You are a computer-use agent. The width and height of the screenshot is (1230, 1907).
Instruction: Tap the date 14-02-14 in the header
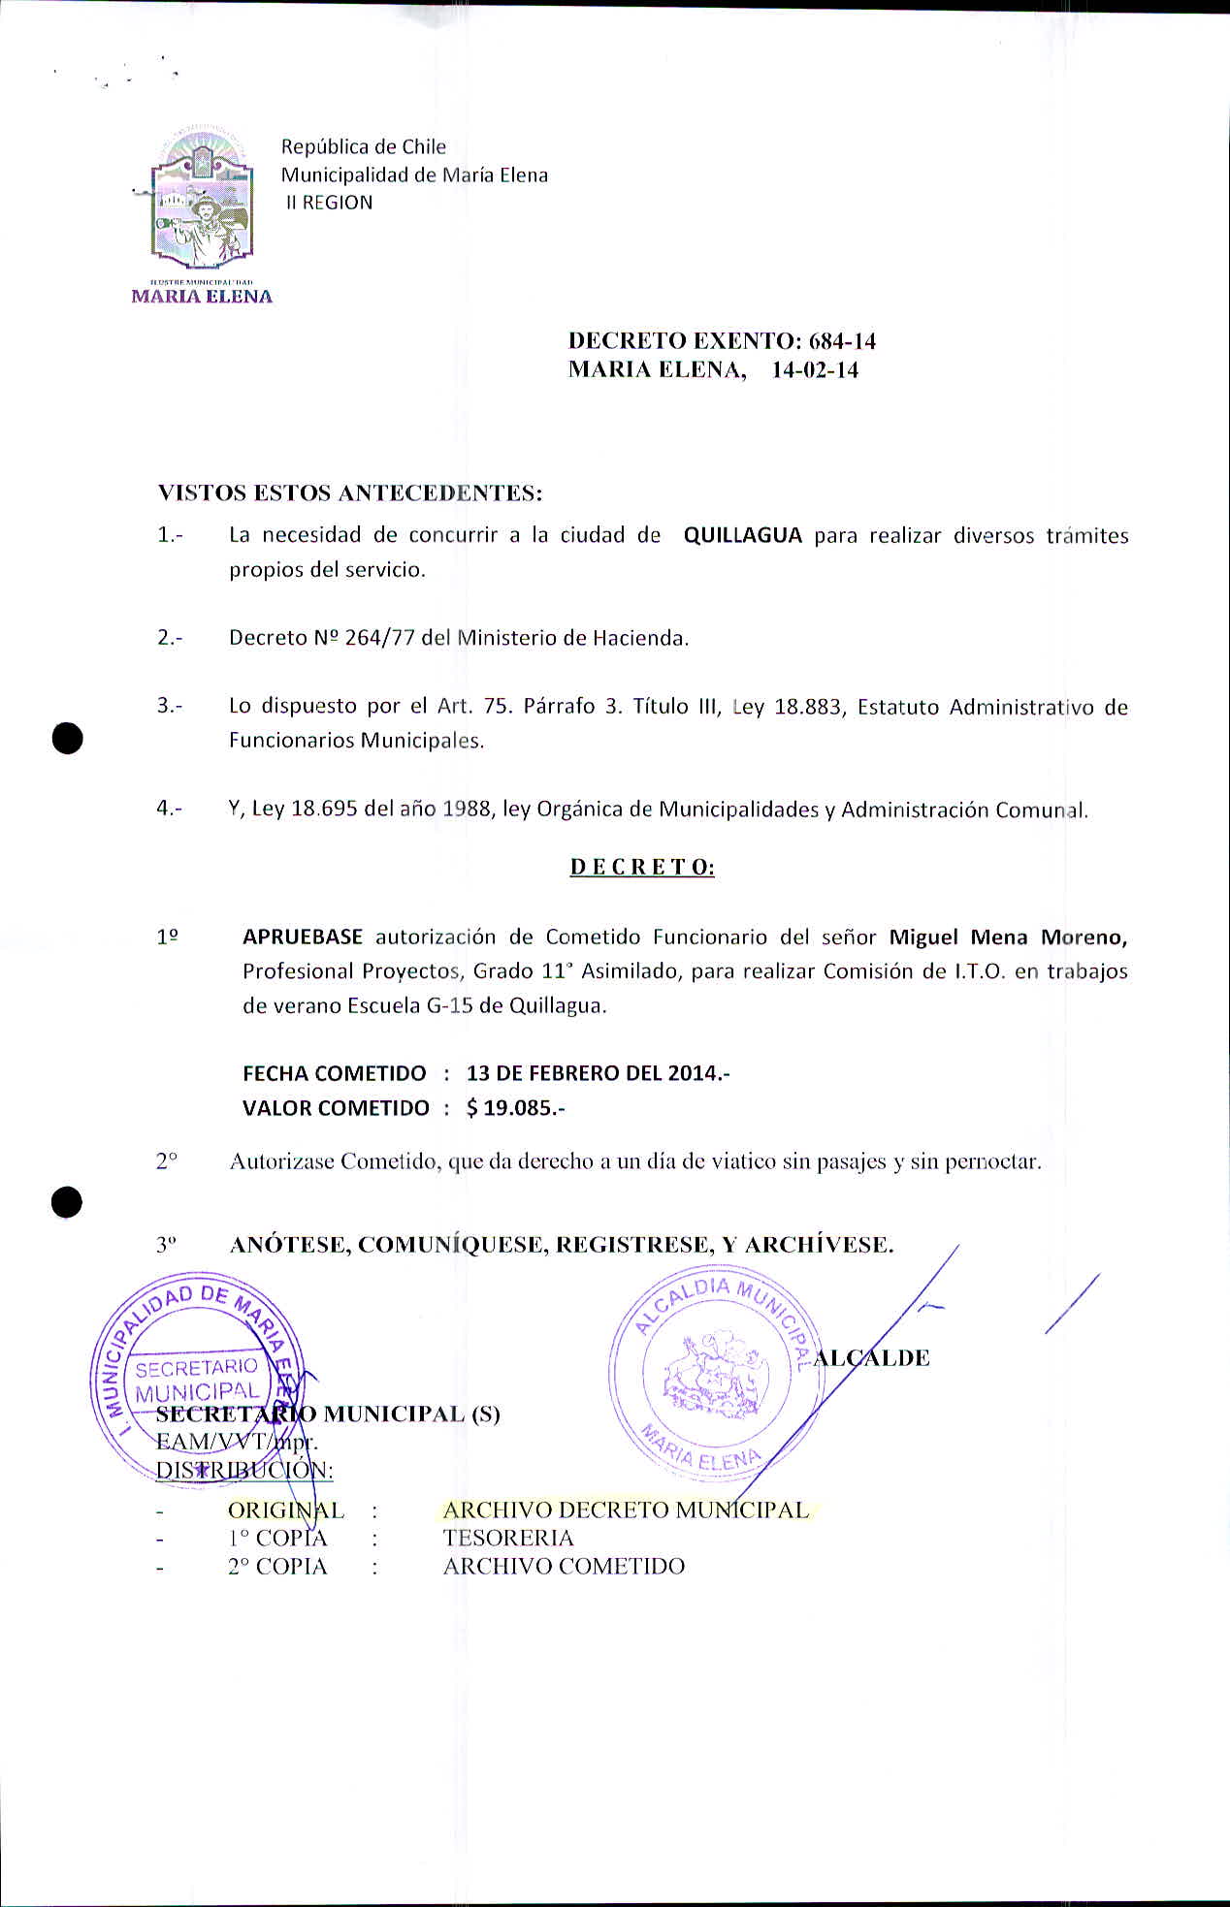pos(815,370)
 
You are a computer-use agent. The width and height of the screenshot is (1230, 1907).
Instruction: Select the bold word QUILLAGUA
pos(742,536)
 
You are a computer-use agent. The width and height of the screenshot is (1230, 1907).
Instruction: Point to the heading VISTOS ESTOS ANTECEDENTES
pos(349,493)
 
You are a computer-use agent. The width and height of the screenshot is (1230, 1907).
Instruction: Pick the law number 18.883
pos(807,708)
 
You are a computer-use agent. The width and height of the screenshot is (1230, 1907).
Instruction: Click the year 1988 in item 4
pos(467,810)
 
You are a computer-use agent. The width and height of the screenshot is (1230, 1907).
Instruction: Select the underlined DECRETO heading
pos(642,868)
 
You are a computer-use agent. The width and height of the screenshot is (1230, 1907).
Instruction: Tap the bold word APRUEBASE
pos(302,938)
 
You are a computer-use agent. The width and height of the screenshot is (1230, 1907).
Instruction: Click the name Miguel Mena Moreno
pos(1008,938)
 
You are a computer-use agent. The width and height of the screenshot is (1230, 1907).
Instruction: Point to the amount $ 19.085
pos(514,1108)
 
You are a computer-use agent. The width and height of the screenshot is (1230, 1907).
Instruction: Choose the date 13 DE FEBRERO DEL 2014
pos(597,1074)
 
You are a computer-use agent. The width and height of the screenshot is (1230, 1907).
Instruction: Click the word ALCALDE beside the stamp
pos(872,1358)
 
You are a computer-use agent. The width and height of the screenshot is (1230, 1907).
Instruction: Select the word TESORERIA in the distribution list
pos(508,1539)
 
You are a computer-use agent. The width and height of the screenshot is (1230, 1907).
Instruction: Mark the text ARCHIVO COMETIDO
pos(564,1567)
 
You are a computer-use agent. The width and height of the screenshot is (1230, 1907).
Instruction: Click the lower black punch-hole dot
pos(67,1202)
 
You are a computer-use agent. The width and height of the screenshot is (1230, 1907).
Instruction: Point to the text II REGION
pos(329,204)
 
